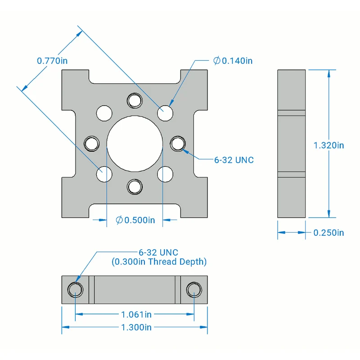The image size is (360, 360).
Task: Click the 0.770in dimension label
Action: [x=52, y=61]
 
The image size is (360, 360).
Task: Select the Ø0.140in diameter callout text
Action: [x=233, y=61]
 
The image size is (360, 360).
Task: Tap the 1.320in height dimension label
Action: [x=329, y=145]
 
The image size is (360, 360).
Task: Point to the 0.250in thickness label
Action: [x=329, y=233]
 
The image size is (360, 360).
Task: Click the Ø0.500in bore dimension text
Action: [x=135, y=220]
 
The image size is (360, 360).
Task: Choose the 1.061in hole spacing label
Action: [x=136, y=315]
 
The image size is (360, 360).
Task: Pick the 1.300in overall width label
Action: [x=136, y=328]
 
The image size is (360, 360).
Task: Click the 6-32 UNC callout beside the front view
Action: [x=234, y=160]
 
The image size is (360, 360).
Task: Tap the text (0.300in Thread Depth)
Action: [x=159, y=262]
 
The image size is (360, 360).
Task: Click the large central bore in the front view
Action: [x=135, y=144]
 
